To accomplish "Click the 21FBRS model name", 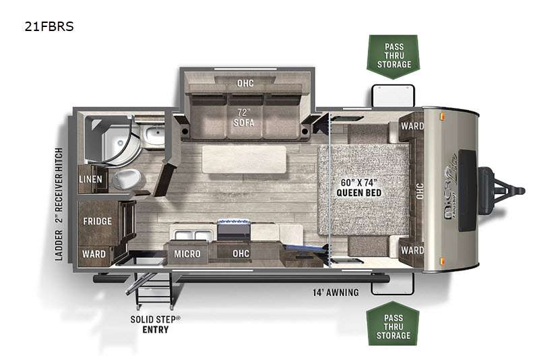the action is pos(49,26).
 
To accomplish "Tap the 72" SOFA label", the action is pos(244,117).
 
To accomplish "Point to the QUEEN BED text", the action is pos(359,193).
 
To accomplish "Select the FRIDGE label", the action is pos(97,221).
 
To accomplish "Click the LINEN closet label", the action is pos(90,179).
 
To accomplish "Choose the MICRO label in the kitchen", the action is pos(187,254).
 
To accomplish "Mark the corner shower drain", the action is pos(120,143).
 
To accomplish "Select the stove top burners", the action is pos(234,222).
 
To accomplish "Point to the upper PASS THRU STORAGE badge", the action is pos(393,57).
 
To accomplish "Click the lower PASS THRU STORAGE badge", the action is pos(393,324).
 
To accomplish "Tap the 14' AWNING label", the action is pos(336,293).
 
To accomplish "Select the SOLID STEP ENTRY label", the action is pos(156,324).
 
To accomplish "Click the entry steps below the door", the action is pos(154,291).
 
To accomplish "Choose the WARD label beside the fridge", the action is pos(94,254).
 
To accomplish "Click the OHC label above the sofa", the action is pos(245,83).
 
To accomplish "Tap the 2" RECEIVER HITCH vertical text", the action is pos(59,185).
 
